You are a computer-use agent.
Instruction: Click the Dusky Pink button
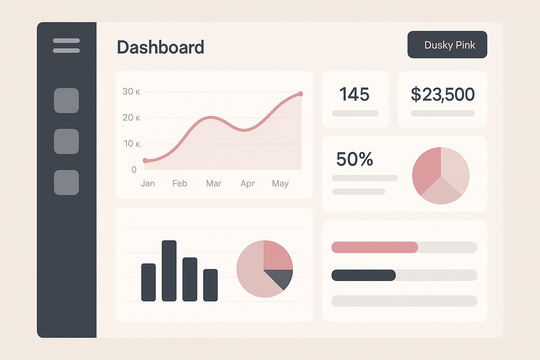[x=447, y=45]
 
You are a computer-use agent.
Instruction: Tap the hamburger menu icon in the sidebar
[x=66, y=46]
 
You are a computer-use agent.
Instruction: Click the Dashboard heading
[x=160, y=47]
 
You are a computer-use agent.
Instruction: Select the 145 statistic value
[x=354, y=94]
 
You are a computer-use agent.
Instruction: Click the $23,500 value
[x=443, y=94]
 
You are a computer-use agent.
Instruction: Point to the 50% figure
[x=354, y=159]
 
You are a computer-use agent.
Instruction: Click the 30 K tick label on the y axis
[x=131, y=92]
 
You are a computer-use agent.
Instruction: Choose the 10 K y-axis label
[x=131, y=144]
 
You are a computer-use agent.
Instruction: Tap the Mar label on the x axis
[x=214, y=184]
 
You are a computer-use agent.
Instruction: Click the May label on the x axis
[x=280, y=184]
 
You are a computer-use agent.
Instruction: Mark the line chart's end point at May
[x=300, y=94]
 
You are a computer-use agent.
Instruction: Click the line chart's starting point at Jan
[x=145, y=161]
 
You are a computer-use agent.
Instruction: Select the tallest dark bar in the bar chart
[x=169, y=271]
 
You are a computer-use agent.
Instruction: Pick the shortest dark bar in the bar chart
[x=210, y=285]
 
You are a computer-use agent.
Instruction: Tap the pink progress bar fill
[x=375, y=247]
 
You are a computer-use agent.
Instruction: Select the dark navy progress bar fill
[x=364, y=275]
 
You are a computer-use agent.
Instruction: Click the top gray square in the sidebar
[x=66, y=101]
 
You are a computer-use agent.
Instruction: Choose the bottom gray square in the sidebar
[x=66, y=182]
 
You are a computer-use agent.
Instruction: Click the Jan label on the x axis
[x=148, y=184]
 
